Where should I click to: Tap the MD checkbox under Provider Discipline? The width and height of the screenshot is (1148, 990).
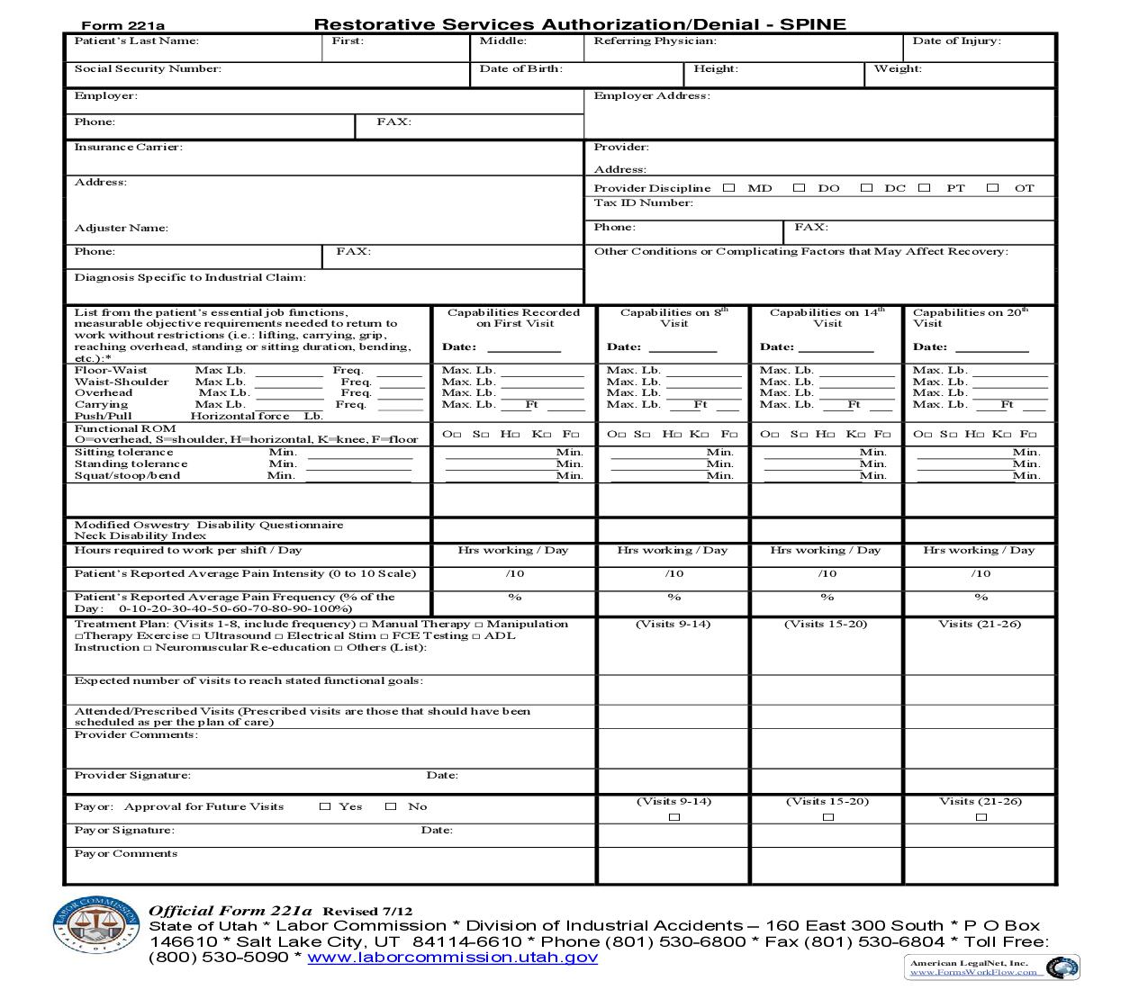click(729, 188)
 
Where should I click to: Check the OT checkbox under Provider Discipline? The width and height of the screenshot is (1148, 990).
click(992, 188)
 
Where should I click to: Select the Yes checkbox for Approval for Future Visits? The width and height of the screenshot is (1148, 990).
click(325, 807)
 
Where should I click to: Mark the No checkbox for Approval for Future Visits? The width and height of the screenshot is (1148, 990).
click(391, 807)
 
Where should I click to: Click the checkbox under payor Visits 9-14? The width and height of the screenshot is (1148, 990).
click(674, 817)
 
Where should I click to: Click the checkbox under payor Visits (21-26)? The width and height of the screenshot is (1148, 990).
click(981, 817)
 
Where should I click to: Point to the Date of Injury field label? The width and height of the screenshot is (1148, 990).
click(956, 41)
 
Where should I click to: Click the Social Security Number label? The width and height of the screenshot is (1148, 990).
click(148, 69)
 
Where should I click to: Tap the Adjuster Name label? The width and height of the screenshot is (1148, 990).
click(121, 229)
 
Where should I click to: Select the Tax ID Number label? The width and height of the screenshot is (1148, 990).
click(643, 203)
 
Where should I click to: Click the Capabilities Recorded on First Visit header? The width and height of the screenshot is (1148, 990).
click(513, 318)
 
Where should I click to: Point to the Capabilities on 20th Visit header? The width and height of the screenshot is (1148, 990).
click(970, 318)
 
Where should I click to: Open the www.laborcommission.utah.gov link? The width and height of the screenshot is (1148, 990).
click(452, 958)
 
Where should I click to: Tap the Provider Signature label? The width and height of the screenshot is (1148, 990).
click(132, 776)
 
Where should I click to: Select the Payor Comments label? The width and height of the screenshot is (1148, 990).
click(125, 854)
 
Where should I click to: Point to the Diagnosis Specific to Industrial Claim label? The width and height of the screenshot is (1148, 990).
click(190, 278)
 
